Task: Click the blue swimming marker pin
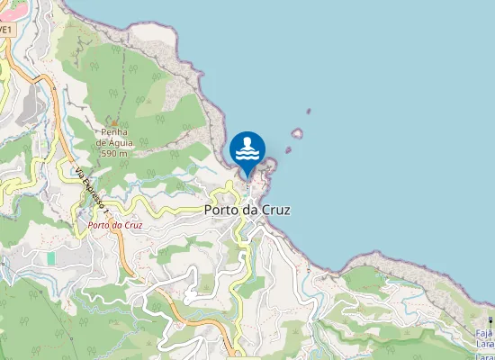click(x=247, y=149)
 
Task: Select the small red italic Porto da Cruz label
click(x=115, y=225)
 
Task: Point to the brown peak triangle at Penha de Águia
click(x=114, y=122)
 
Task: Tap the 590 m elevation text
click(x=114, y=154)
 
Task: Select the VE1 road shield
click(x=5, y=29)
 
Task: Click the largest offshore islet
click(x=297, y=134)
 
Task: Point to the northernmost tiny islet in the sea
click(x=309, y=112)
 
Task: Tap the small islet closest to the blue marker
click(x=289, y=150)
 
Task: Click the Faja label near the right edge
click(x=484, y=334)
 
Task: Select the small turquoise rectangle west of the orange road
click(x=51, y=258)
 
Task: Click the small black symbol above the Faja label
click(x=490, y=320)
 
